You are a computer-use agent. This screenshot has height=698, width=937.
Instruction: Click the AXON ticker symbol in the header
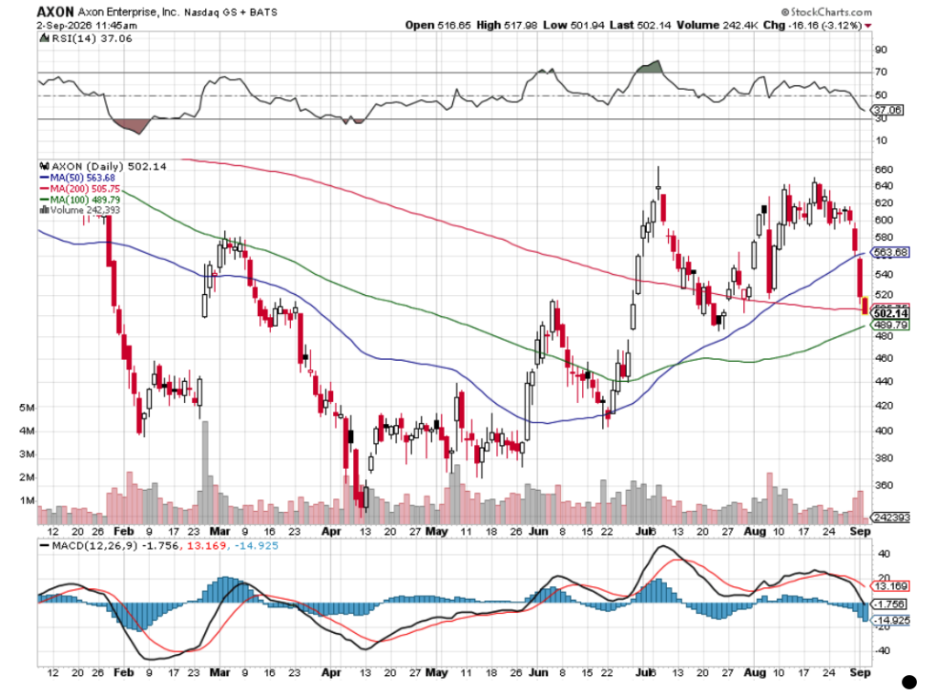(55, 11)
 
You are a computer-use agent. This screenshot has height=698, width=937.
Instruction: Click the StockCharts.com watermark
(826, 12)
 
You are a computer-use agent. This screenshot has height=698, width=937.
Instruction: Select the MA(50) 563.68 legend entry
(77, 178)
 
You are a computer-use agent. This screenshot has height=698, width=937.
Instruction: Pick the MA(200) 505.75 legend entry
(80, 189)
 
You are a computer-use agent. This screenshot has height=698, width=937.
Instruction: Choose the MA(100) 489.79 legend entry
(80, 199)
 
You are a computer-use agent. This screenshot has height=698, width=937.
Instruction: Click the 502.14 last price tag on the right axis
(890, 312)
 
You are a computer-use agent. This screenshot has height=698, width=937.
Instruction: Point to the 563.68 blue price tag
(890, 253)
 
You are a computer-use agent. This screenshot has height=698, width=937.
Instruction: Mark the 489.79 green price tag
(890, 325)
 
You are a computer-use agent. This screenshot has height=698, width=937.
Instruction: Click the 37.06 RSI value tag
(888, 110)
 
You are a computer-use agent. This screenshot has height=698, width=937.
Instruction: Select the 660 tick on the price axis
(884, 169)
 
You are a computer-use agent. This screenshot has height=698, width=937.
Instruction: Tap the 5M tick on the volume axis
(27, 408)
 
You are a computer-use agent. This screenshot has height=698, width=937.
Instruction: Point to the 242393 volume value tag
(890, 518)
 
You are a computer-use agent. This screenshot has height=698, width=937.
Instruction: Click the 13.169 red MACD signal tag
(890, 586)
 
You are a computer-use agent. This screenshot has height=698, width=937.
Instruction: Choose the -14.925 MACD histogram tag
(890, 620)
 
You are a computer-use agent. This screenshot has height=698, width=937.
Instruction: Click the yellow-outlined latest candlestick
(865, 306)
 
